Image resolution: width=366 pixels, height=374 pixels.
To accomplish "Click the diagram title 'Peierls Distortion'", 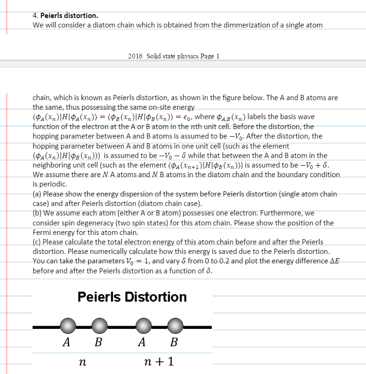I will pos(132,297).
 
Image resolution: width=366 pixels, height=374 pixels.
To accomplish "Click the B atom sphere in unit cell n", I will pos(99,327).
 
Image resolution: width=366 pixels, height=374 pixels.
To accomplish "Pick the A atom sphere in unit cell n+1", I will pos(144,327).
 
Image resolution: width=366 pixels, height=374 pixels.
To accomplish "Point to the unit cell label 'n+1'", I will pos(158,362).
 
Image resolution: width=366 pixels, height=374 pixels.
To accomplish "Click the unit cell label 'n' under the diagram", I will pos(83,363).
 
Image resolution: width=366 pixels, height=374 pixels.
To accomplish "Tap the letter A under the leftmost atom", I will pos(67,342).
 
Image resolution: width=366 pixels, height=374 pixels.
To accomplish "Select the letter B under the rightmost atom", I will pos(174,342).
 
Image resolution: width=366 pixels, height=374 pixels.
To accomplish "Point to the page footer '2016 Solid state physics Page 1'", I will pos(174,56).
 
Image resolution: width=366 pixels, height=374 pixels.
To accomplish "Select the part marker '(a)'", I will pos(37,194).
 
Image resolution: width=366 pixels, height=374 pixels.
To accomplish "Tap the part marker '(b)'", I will pos(37,213).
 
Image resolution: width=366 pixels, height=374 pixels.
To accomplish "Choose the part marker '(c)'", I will pos(37,242).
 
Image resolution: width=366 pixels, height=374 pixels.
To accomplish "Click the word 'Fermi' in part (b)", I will pos(42,233).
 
